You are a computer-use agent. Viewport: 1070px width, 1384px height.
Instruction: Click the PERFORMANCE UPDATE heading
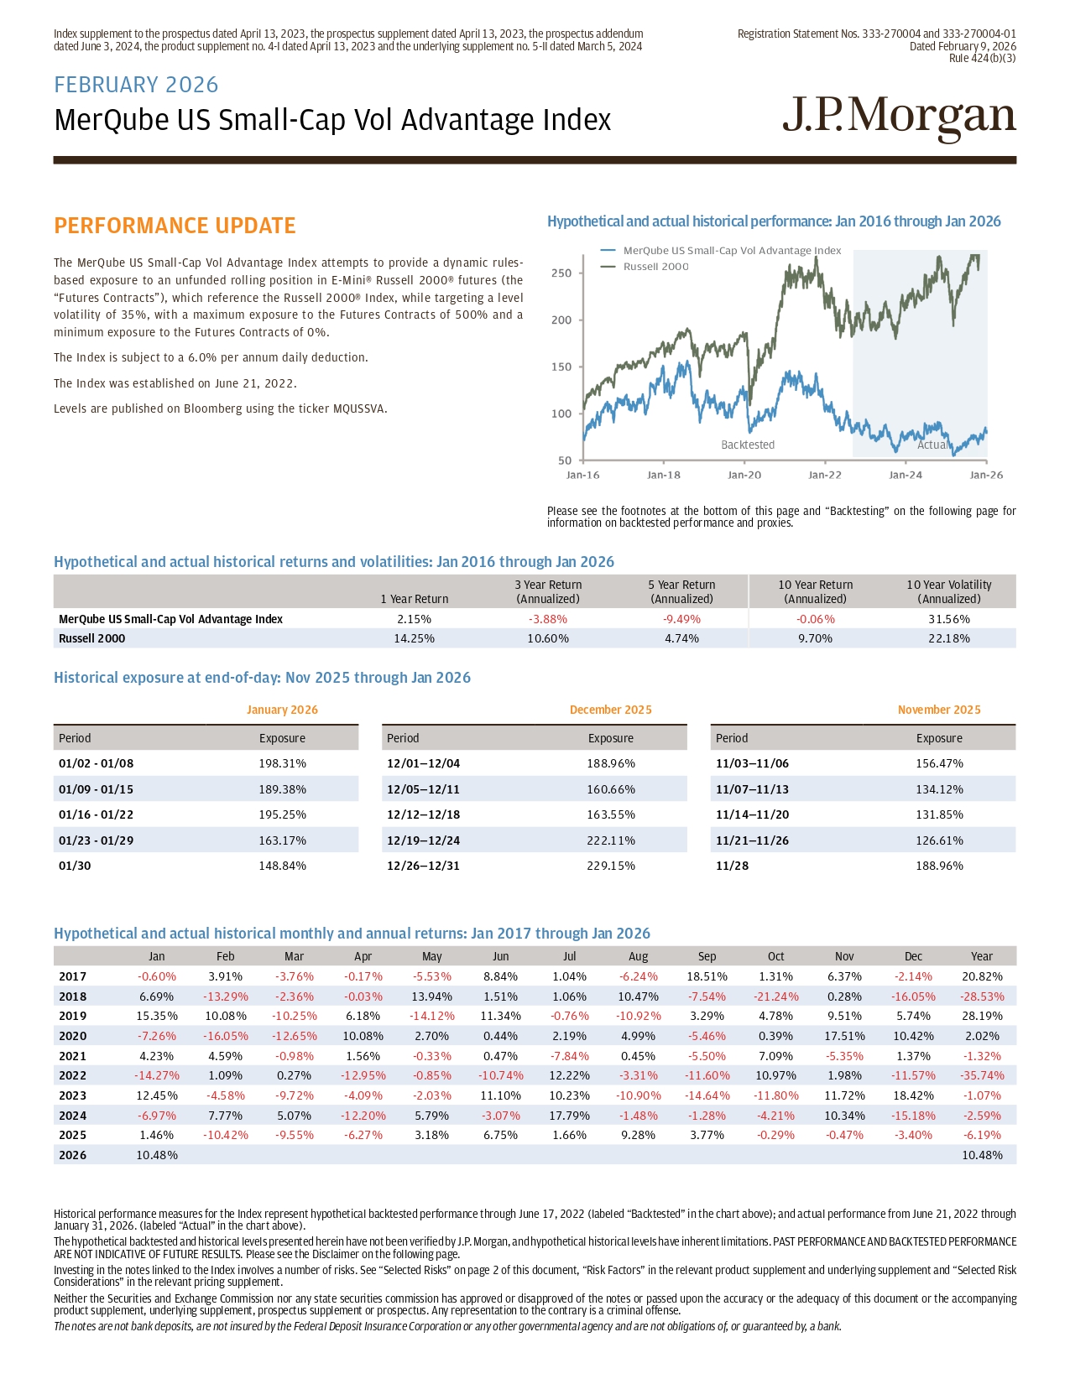[x=175, y=226]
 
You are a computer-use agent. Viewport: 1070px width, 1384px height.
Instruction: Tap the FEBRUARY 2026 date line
[x=136, y=85]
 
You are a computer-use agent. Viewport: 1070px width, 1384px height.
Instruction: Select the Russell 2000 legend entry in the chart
[x=655, y=267]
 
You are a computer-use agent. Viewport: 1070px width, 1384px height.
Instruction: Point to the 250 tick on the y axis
[x=561, y=273]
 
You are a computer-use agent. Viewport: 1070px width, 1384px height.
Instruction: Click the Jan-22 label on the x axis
[x=824, y=475]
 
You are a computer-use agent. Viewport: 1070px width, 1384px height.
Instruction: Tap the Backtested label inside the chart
[x=748, y=445]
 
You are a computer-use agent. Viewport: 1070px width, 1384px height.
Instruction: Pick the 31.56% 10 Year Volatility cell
[x=948, y=619]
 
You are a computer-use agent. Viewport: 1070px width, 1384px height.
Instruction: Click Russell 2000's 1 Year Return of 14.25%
[x=414, y=638]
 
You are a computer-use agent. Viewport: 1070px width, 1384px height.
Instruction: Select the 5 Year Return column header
[x=681, y=591]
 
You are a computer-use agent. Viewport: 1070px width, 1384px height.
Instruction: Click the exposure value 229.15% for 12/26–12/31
[x=610, y=866]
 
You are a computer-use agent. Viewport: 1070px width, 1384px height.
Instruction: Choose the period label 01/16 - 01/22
[x=96, y=814]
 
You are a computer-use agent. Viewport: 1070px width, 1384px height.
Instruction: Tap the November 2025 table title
[x=938, y=710]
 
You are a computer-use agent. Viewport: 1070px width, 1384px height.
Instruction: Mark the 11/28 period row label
[x=733, y=866]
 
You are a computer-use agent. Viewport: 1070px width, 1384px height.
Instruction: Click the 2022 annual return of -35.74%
[x=981, y=1075]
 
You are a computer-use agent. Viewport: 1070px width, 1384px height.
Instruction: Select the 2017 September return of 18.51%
[x=707, y=976]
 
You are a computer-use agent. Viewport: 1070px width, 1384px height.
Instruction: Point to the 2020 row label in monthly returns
[x=72, y=1036]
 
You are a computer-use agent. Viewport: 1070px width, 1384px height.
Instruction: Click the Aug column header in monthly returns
[x=638, y=956]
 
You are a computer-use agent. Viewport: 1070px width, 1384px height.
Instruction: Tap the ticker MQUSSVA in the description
[x=360, y=409]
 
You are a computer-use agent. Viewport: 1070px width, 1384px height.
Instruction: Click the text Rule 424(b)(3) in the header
[x=982, y=58]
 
